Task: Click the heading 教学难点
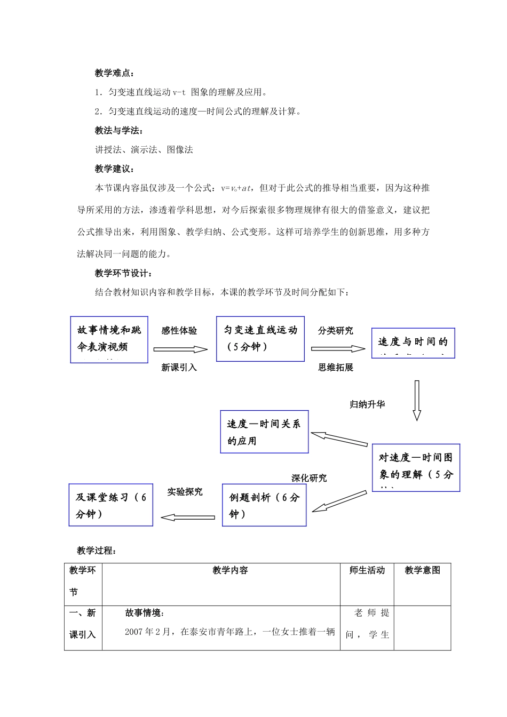pos(114,73)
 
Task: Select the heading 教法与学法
pos(118,131)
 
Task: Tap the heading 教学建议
pos(114,169)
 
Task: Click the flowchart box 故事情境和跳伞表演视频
pos(109,340)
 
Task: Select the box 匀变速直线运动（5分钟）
pos(260,338)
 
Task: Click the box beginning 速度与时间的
pos(413,342)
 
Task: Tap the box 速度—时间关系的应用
pos(264,432)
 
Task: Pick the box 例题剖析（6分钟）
pos(264,505)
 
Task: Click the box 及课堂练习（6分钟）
pos(111,505)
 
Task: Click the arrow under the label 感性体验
pos(180,349)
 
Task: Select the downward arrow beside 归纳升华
pos(417,401)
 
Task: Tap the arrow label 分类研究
pos(336,331)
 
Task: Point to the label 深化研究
pos(309,478)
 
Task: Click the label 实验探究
pos(185,492)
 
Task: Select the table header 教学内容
pos(230,570)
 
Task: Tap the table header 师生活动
pos(367,570)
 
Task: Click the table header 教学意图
pos(423,570)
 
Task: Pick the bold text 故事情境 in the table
pos(145,613)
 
